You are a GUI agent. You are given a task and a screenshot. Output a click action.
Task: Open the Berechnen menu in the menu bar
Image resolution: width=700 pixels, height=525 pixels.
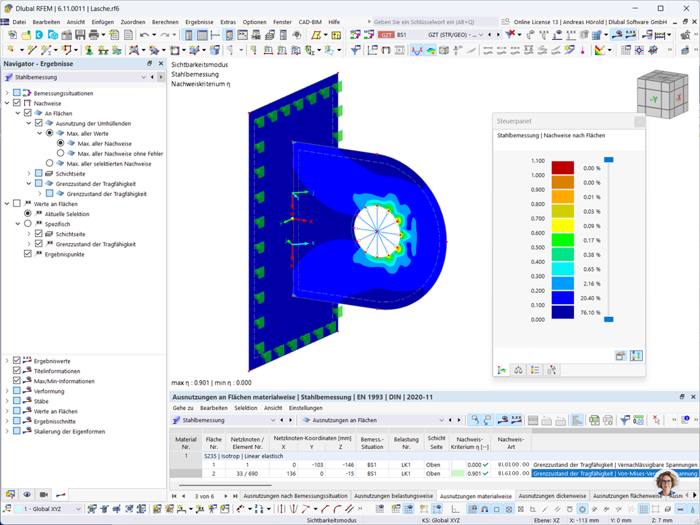tap(165, 22)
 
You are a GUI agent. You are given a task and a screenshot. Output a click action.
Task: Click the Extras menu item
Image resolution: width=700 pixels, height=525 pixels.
tap(228, 22)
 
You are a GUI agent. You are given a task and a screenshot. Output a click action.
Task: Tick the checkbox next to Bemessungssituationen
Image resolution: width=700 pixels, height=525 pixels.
tap(17, 94)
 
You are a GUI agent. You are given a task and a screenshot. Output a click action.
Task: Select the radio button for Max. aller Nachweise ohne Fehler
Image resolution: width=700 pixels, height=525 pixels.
tap(61, 153)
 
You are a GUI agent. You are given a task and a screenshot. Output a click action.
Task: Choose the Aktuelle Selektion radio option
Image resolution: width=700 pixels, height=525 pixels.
tap(28, 214)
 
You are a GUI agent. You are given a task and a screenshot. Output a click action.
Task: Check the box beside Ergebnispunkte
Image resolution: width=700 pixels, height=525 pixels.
tap(28, 254)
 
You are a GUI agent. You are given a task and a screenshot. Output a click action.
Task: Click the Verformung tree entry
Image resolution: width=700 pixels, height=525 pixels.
tap(49, 391)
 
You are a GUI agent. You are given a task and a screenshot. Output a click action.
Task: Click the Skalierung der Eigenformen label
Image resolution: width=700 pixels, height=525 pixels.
tap(69, 431)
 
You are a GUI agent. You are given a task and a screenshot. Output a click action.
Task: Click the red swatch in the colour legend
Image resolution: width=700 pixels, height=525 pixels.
tap(563, 168)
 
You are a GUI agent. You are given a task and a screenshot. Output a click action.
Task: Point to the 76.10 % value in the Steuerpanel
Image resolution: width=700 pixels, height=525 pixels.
tap(592, 312)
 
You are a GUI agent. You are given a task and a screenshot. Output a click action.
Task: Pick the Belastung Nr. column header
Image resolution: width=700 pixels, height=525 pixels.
tap(406, 442)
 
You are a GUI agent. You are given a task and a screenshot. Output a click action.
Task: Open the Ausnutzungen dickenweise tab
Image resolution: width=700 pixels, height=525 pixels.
tap(552, 496)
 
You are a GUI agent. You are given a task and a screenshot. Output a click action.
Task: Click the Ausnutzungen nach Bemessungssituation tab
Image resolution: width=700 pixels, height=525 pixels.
tap(295, 496)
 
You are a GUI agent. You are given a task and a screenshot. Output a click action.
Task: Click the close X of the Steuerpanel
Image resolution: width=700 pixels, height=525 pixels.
tap(639, 122)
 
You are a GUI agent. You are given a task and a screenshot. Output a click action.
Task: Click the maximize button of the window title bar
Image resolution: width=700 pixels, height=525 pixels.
tap(660, 8)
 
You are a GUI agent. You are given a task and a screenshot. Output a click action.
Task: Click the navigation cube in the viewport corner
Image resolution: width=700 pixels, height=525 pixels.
tap(662, 97)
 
